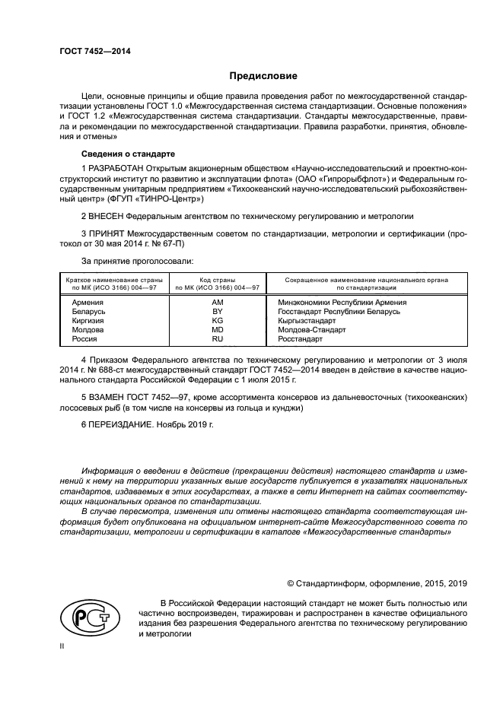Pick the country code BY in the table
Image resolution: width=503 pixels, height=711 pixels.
coord(217,312)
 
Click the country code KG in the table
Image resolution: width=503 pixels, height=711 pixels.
coord(217,321)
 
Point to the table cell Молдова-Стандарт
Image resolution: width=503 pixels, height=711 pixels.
coord(311,330)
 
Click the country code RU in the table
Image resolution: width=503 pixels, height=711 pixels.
coord(217,339)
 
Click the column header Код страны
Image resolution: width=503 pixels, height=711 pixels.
coord(217,280)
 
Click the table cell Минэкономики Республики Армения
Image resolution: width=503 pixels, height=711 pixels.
coord(342,302)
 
